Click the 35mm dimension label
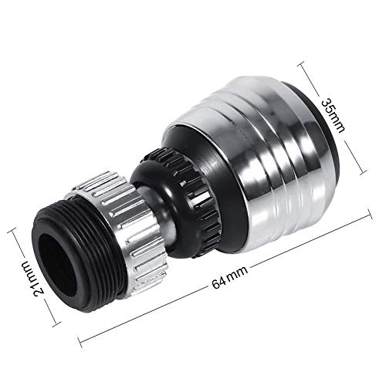point(333,116)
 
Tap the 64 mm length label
point(230,278)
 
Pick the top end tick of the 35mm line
point(301,63)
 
